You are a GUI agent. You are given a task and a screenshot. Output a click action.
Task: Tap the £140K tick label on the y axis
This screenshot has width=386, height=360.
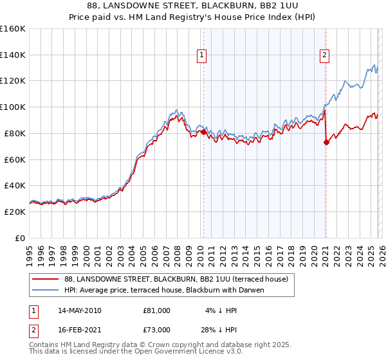tap(13, 55)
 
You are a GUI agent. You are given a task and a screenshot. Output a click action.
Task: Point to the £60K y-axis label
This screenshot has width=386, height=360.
tap(15, 159)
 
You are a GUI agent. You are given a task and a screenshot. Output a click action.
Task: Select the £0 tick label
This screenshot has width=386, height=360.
tap(19, 238)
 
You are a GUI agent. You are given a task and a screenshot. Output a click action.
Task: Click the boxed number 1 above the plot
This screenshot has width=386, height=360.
tap(202, 56)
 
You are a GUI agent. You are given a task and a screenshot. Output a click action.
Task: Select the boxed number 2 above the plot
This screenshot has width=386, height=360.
tap(325, 56)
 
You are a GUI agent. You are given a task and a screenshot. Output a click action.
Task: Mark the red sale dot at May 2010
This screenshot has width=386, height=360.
tap(204, 132)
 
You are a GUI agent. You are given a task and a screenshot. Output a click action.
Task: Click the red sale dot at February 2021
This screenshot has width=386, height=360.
tap(326, 142)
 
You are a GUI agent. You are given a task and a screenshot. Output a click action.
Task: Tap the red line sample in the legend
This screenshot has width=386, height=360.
tap(46, 279)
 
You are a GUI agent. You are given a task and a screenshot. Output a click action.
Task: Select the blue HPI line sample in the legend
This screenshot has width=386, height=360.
tap(46, 290)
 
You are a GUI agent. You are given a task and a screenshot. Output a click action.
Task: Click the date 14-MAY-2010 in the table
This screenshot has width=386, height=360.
tap(79, 310)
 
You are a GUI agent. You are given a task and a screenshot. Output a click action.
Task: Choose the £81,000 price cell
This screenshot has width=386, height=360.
tap(156, 310)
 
